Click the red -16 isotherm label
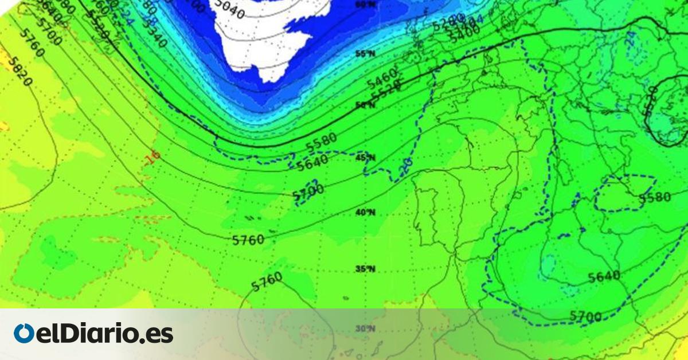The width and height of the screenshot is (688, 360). click(153, 157)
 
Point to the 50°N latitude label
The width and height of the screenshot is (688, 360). click(365, 105)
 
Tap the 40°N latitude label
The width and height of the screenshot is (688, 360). click(365, 213)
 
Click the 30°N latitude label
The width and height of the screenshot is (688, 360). click(365, 329)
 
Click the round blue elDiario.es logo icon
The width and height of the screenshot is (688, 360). click(24, 334)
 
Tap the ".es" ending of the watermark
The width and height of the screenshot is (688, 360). click(158, 334)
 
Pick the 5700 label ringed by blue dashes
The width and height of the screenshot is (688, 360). click(308, 191)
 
